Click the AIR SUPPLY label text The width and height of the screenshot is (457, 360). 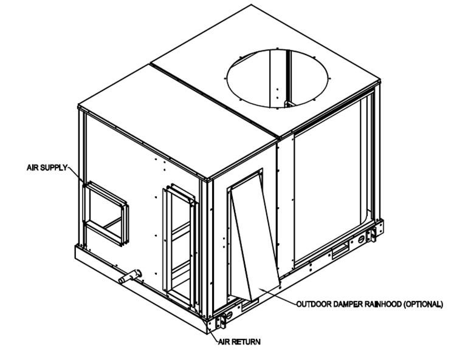tap(47, 168)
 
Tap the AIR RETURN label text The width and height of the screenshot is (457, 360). tap(239, 342)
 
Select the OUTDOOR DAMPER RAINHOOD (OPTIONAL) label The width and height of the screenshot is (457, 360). tap(369, 304)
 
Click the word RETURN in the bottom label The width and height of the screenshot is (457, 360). tap(246, 342)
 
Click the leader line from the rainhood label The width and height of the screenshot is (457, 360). tap(278, 296)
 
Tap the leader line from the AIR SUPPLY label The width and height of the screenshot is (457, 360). tap(75, 175)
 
